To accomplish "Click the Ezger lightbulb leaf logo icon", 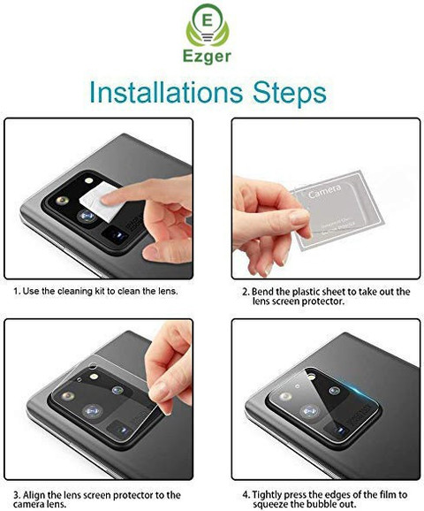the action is point(208,25).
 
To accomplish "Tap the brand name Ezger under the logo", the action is point(207,57).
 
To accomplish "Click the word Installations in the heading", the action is point(166,92).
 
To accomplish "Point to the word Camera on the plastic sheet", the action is point(325,191).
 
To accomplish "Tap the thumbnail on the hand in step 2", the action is point(299,217).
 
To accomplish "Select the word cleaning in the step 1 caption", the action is point(76,291).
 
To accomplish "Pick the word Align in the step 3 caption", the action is point(34,495).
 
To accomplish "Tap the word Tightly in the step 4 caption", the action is point(269,495).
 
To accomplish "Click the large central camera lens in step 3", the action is point(93,411).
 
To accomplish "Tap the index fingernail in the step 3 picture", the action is point(160,392).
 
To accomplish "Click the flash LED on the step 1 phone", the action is point(88,180).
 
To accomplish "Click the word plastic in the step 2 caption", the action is point(305,292).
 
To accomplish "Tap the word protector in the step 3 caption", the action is point(133,495).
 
